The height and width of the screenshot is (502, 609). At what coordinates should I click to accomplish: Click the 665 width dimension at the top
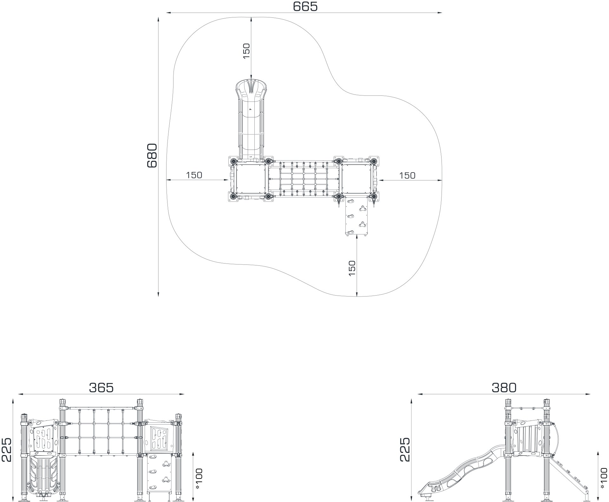pyautogui.click(x=305, y=6)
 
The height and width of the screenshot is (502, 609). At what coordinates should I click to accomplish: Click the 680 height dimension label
pyautogui.click(x=152, y=155)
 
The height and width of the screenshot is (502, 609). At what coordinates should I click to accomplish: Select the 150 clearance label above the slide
pyautogui.click(x=246, y=50)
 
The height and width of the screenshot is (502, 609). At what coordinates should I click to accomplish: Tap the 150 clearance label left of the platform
pyautogui.click(x=194, y=175)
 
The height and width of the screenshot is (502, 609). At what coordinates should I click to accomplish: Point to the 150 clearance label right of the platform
pyautogui.click(x=407, y=175)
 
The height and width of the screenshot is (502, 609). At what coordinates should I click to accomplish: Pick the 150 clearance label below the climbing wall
pyautogui.click(x=352, y=268)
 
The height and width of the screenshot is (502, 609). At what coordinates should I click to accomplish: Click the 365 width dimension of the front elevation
pyautogui.click(x=101, y=388)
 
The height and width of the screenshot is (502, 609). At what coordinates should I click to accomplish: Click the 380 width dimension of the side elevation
pyautogui.click(x=504, y=388)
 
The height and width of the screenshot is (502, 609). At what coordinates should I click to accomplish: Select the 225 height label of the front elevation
pyautogui.click(x=6, y=450)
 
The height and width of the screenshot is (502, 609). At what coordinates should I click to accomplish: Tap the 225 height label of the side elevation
pyautogui.click(x=405, y=450)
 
